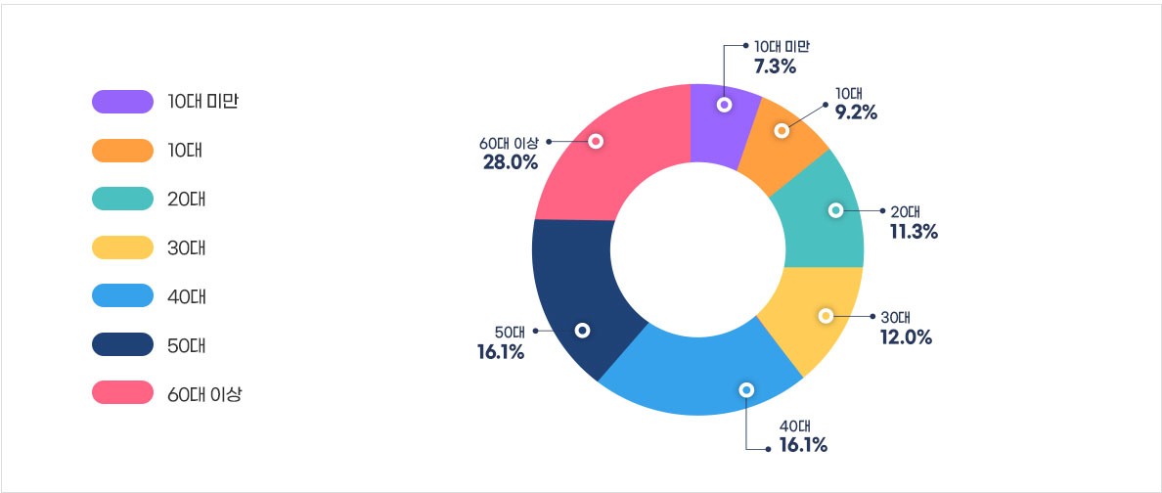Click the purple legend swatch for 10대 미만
pyautogui.click(x=122, y=101)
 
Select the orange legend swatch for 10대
pyautogui.click(x=122, y=150)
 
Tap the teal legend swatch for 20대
pyautogui.click(x=122, y=199)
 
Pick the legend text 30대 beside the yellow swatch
pyautogui.click(x=187, y=247)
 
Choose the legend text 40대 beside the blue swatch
pyautogui.click(x=187, y=296)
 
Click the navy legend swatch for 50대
pyautogui.click(x=122, y=345)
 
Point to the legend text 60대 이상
pyautogui.click(x=204, y=394)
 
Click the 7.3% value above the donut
pyautogui.click(x=775, y=67)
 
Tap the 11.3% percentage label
pyautogui.click(x=914, y=231)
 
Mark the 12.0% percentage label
pyautogui.click(x=906, y=337)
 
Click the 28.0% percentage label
pyautogui.click(x=511, y=161)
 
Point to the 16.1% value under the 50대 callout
pyautogui.click(x=501, y=351)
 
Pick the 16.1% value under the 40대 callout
pyautogui.click(x=803, y=446)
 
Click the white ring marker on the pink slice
pyautogui.click(x=596, y=141)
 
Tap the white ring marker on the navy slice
pyautogui.click(x=583, y=331)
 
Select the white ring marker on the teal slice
pyautogui.click(x=835, y=210)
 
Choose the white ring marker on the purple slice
pyautogui.click(x=724, y=104)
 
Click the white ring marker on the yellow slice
pyautogui.click(x=826, y=316)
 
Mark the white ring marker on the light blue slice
pyautogui.click(x=747, y=389)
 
